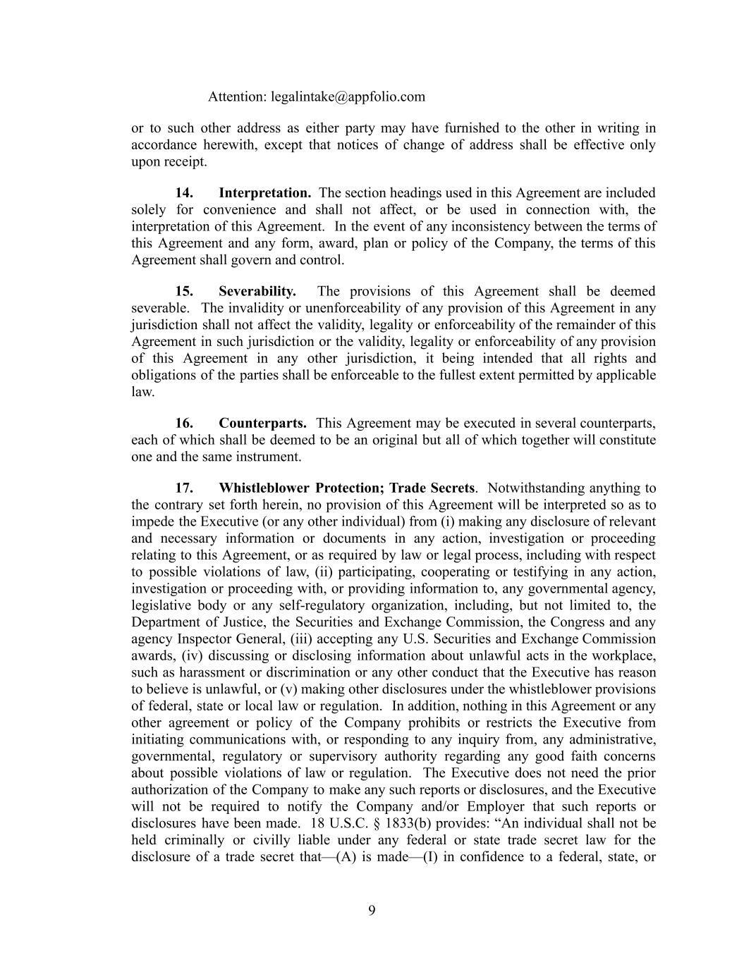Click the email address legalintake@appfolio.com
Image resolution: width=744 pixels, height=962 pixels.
(x=348, y=97)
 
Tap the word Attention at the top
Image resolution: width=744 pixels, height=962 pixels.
(x=236, y=97)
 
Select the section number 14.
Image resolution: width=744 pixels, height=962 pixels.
(x=184, y=193)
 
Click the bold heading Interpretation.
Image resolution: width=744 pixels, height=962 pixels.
(x=264, y=193)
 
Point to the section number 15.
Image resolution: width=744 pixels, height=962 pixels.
(x=184, y=292)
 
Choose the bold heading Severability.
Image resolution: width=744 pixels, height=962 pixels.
(x=257, y=292)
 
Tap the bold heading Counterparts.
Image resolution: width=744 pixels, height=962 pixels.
(x=262, y=424)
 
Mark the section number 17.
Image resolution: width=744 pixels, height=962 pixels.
(x=184, y=488)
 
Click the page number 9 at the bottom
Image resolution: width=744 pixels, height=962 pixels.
(x=372, y=911)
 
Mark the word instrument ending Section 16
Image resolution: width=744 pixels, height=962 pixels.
(x=271, y=457)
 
